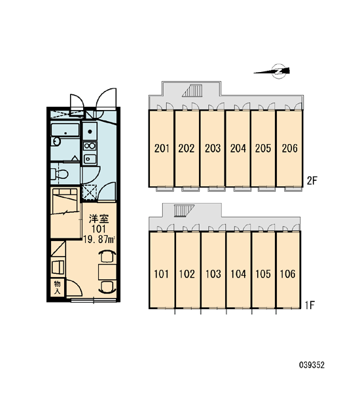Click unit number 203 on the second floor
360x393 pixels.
pyautogui.click(x=213, y=148)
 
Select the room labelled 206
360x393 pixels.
pyautogui.click(x=289, y=149)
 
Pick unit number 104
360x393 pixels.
pyautogui.click(x=238, y=274)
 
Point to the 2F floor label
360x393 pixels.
pyautogui.click(x=312, y=181)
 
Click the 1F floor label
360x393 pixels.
pyautogui.click(x=310, y=305)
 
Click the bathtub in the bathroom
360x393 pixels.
pyautogui.click(x=65, y=129)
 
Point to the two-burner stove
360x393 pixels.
pyautogui.click(x=90, y=145)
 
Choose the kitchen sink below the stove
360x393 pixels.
pyautogui.click(x=90, y=159)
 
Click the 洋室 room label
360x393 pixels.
pyautogui.click(x=99, y=219)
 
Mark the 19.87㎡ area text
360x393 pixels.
pyautogui.click(x=99, y=239)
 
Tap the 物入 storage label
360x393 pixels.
pyautogui.click(x=58, y=288)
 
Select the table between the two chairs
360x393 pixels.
pyautogui.click(x=107, y=272)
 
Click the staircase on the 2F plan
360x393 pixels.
pyautogui.click(x=192, y=90)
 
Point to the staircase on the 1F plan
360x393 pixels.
pyautogui.click(x=184, y=210)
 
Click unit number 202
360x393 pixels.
pyautogui.click(x=187, y=149)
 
